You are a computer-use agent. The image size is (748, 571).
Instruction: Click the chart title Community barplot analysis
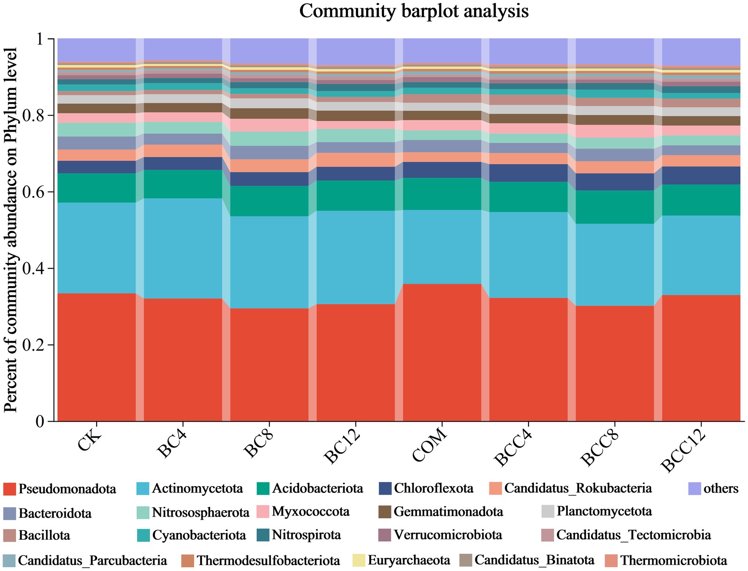(414, 11)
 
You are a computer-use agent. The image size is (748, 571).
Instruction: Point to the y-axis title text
(11, 230)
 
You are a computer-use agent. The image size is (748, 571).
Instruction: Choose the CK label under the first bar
(89, 445)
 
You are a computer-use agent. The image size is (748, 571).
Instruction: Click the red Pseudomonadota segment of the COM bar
(442, 352)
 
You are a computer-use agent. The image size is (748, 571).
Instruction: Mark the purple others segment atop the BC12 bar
(355, 51)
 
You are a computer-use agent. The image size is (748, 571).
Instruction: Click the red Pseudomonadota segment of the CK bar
(97, 357)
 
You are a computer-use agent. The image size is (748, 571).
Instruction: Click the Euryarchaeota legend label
(409, 560)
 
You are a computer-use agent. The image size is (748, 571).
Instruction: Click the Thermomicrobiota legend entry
(673, 560)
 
